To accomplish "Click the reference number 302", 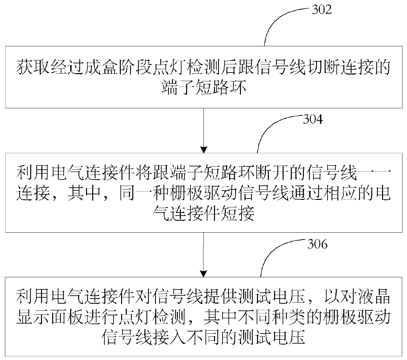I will (321, 10).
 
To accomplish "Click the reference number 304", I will (312, 119).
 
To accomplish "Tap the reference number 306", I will (317, 244).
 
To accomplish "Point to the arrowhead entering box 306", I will (204, 273).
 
